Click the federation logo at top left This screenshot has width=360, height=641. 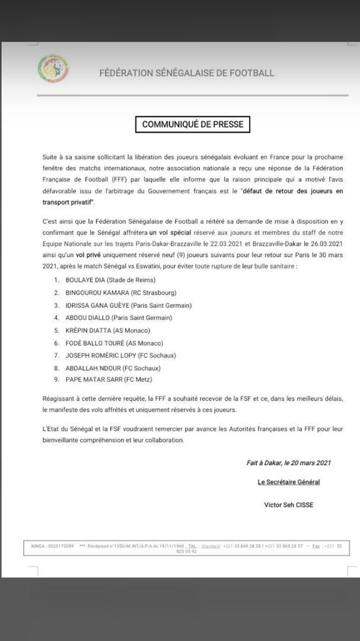click(x=53, y=69)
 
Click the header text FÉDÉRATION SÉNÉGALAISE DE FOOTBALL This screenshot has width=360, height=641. click(x=187, y=73)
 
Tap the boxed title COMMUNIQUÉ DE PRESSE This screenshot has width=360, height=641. click(x=193, y=125)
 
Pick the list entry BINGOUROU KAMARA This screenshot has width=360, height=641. click(x=97, y=293)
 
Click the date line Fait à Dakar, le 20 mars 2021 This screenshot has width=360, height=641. click(x=289, y=463)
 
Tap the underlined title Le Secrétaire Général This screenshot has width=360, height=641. click(x=289, y=482)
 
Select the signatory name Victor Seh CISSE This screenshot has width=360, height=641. click(x=289, y=505)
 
